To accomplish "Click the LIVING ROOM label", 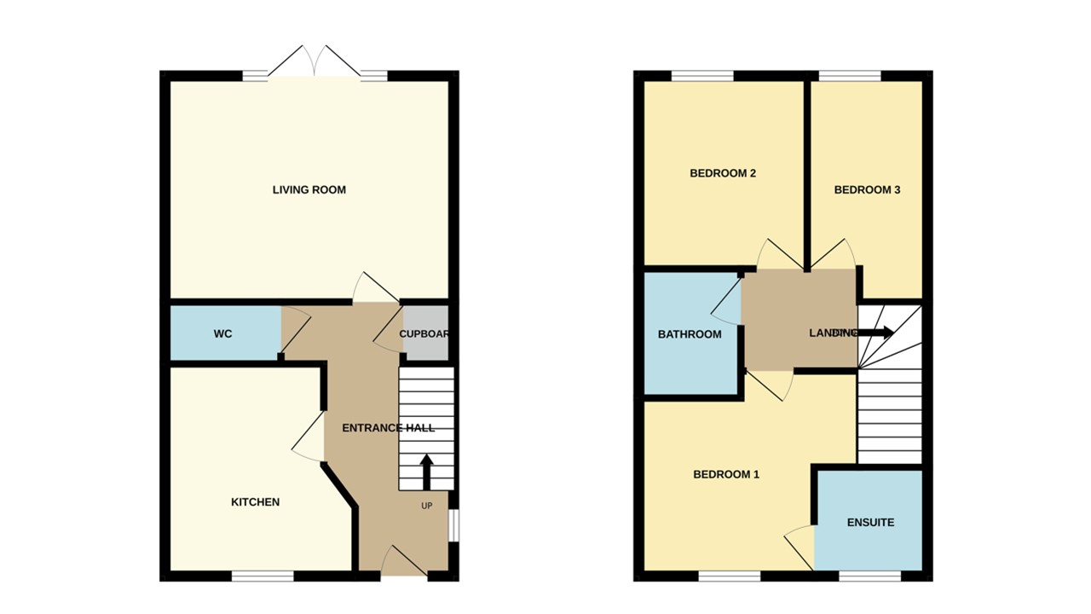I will point(309,189).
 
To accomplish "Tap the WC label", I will point(222,333).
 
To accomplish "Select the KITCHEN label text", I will point(255,502).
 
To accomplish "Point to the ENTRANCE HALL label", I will point(388,427).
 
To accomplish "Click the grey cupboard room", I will point(424,333).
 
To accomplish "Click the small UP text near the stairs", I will point(427,506).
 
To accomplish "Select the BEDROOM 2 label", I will point(723,173).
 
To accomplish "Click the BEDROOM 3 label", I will point(867,190).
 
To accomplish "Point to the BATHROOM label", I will point(690,334).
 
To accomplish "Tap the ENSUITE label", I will point(870,522).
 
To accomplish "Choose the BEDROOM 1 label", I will point(725,474).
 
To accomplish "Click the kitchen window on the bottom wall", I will point(263,576).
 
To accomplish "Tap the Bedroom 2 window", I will point(702,76).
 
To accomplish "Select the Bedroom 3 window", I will point(850,76).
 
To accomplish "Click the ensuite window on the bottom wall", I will point(869,576).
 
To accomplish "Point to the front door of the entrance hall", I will point(404,563).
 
